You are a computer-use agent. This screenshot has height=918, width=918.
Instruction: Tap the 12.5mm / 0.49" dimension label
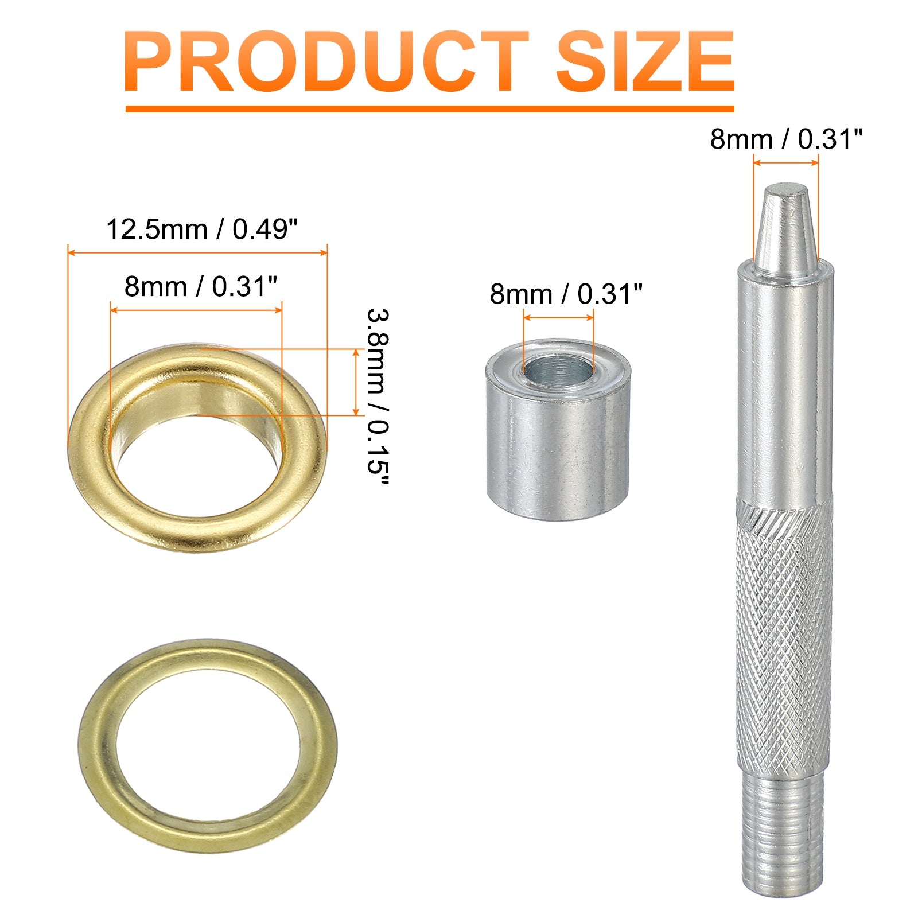(203, 229)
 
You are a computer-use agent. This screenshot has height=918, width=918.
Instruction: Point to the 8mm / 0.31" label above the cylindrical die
(566, 294)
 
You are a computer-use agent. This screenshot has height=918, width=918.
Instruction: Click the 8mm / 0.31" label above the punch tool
(786, 139)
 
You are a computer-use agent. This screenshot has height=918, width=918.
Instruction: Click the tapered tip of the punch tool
(785, 229)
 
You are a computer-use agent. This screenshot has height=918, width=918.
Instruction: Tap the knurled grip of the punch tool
(784, 637)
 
